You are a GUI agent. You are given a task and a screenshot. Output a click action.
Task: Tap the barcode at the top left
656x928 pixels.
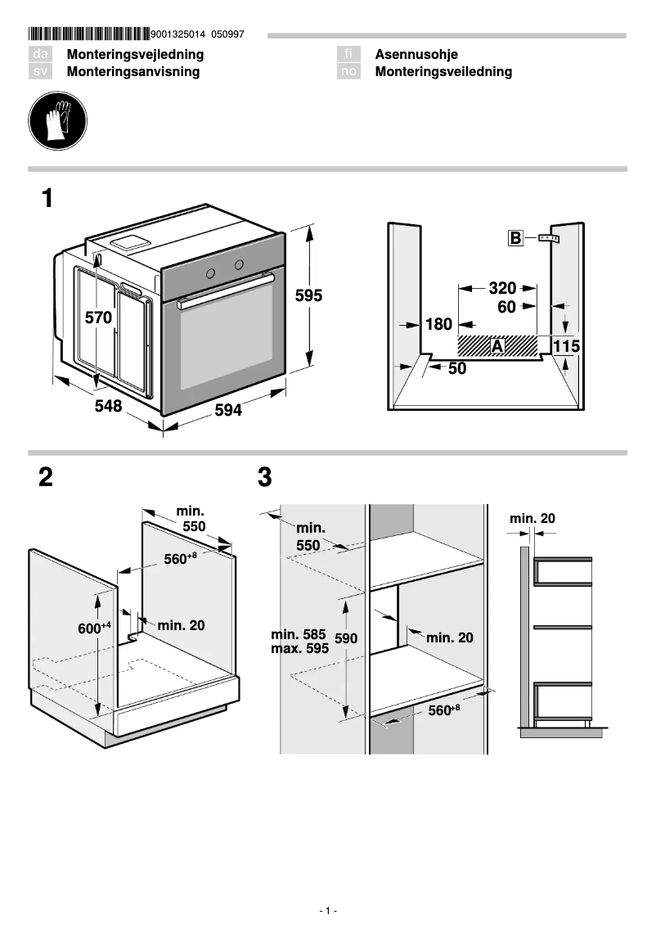click(88, 34)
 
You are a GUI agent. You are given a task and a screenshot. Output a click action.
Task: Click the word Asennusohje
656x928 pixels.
click(416, 55)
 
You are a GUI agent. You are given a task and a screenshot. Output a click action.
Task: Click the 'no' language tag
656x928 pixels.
click(349, 72)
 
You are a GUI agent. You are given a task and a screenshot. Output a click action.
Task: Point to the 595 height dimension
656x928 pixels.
click(308, 296)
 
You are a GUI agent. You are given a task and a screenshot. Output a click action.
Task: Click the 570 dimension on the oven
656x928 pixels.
click(98, 318)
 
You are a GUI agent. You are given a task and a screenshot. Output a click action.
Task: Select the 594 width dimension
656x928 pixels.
click(227, 411)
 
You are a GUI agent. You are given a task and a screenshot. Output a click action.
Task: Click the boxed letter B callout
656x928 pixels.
click(515, 238)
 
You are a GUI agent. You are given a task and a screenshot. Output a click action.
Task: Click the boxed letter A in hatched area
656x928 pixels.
click(496, 346)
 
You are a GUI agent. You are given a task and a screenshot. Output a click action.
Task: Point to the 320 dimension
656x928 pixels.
click(502, 288)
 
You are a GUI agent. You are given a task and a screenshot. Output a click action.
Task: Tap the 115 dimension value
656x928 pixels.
click(566, 347)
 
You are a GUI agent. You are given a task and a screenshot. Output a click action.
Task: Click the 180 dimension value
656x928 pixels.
click(438, 325)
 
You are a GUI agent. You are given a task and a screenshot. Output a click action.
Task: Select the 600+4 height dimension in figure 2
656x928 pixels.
click(94, 628)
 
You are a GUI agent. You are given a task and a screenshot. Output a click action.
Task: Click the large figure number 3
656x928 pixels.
click(264, 478)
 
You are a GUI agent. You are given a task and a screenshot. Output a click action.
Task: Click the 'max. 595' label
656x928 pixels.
click(299, 647)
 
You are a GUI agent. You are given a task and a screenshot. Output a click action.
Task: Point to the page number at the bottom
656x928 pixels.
click(327, 911)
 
